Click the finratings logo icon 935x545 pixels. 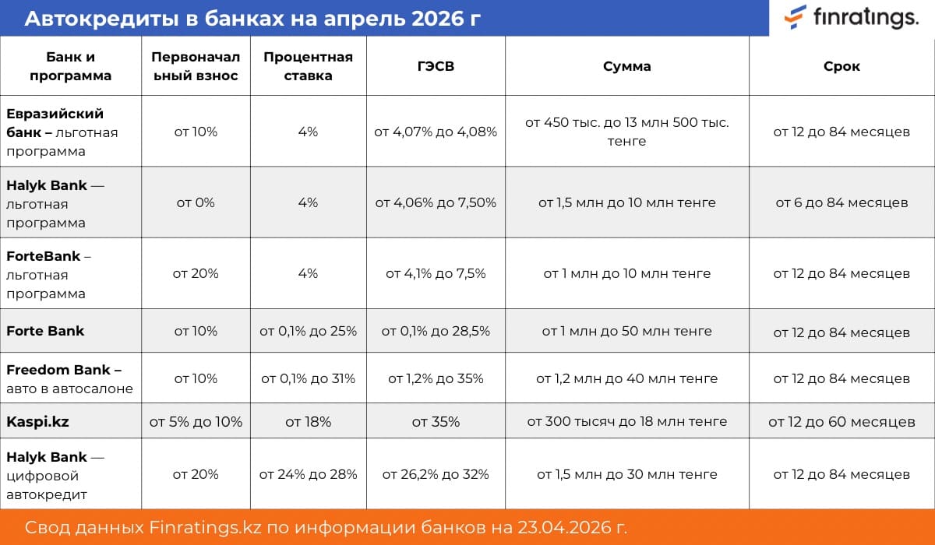(x=796, y=16)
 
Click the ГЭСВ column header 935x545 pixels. (x=436, y=66)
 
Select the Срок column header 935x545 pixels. (x=841, y=66)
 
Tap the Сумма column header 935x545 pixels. (x=626, y=66)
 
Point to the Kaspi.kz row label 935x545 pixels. (x=37, y=421)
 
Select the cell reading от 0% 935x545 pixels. (x=196, y=202)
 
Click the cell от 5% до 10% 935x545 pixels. (x=196, y=421)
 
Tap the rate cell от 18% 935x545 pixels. (x=308, y=421)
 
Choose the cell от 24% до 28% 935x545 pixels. (x=308, y=474)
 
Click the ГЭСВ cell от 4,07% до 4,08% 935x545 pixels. (x=436, y=132)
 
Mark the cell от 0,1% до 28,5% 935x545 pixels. (x=436, y=331)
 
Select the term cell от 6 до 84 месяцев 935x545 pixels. (x=841, y=202)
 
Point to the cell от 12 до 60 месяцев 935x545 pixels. (x=841, y=421)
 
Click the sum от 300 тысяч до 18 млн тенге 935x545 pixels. (x=626, y=421)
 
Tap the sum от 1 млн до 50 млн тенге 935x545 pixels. (x=626, y=331)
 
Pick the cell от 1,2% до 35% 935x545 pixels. (x=436, y=379)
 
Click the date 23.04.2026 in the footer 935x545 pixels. (x=571, y=527)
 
